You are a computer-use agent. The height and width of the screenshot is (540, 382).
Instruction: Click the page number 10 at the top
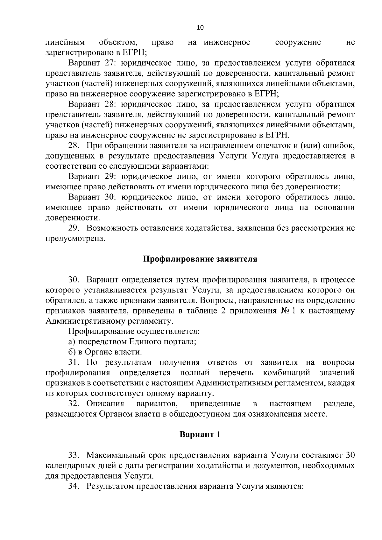200,27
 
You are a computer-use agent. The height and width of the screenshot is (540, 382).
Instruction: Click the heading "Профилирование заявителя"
200,259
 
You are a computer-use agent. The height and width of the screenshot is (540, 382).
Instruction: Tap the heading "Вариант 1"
200,434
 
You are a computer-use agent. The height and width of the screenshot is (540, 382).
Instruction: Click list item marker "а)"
72,342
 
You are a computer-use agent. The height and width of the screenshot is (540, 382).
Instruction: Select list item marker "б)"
72,352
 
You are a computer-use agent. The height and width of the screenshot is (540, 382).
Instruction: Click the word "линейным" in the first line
65,42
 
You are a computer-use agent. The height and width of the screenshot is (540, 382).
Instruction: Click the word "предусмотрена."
75,239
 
